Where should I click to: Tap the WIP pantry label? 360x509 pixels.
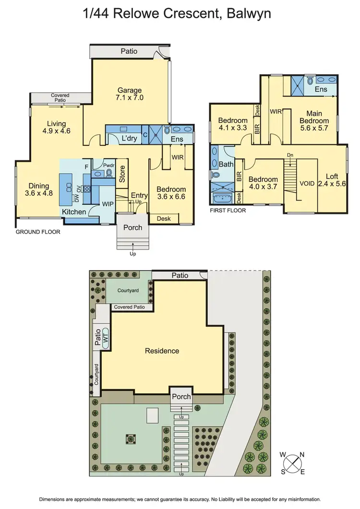108,203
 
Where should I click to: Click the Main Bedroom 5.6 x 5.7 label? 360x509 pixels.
314,117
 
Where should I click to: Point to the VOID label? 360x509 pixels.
307,183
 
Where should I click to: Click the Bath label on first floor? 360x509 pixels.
226,164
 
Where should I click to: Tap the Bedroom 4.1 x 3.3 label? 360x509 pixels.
233,124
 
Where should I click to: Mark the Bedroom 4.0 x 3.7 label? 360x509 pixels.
263,183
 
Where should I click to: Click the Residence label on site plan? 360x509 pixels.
162,351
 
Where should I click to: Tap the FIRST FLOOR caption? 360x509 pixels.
228,210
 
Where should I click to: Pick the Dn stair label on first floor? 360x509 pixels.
289,155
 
